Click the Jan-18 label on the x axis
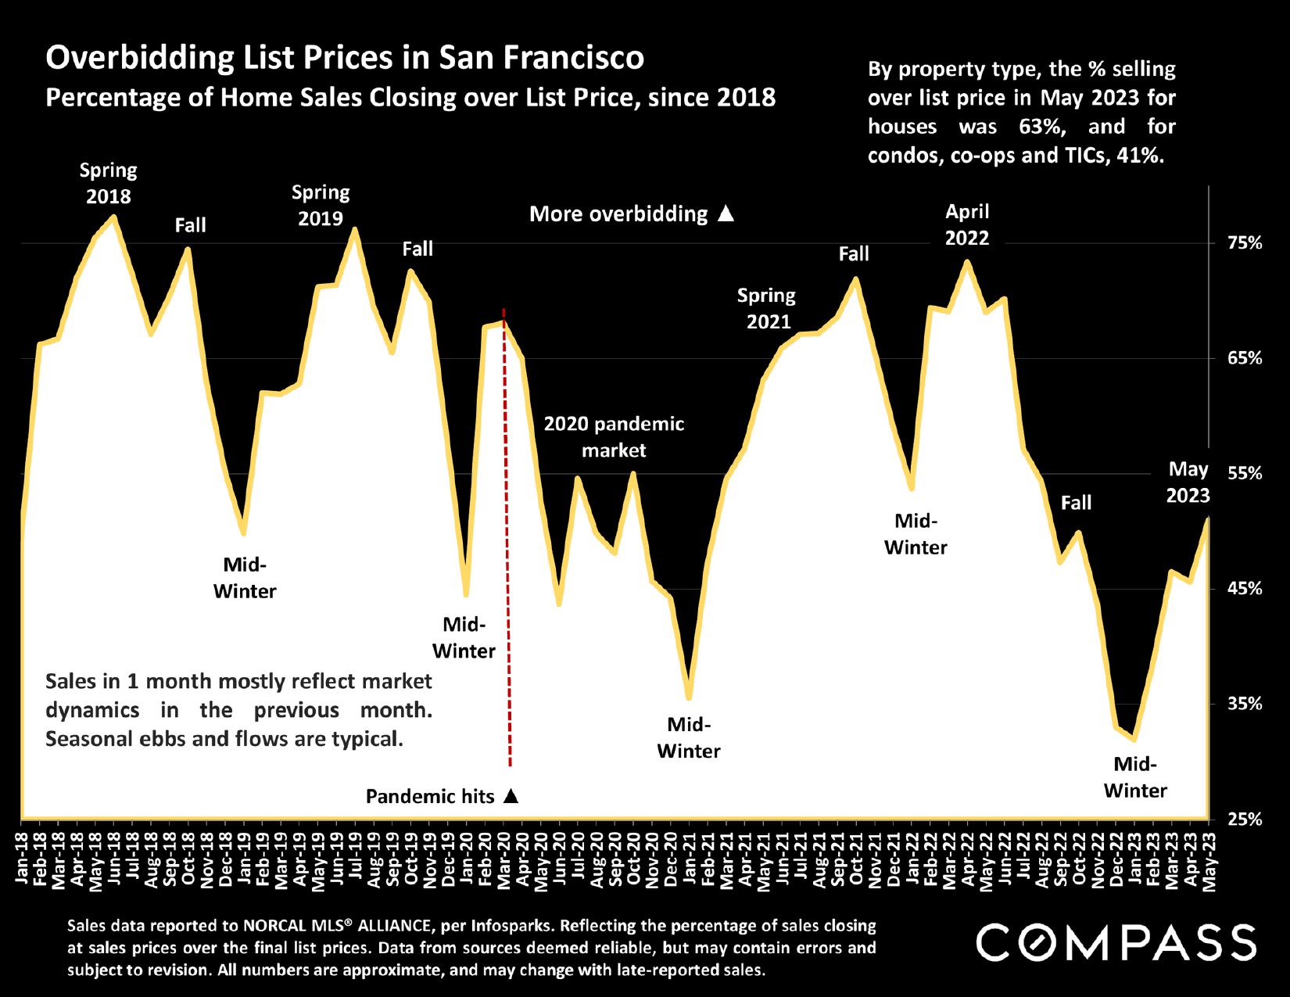(x=22, y=859)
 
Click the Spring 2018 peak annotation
(x=108, y=183)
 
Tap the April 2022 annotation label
(x=967, y=224)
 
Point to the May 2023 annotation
(x=1188, y=482)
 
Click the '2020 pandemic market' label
(x=614, y=437)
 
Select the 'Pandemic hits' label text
(x=430, y=797)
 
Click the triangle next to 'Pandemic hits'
(x=511, y=796)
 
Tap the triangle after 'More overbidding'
(x=726, y=213)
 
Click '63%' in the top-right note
(x=1042, y=127)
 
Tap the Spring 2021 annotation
(x=766, y=308)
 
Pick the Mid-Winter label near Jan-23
(x=1135, y=777)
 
